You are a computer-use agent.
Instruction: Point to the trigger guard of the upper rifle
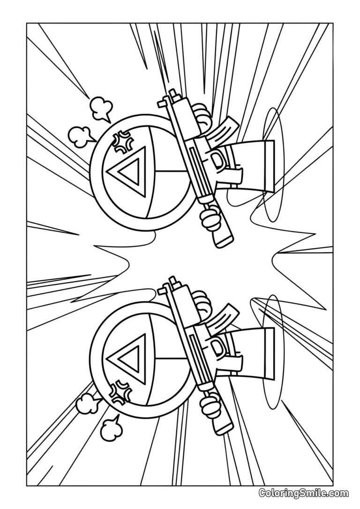pos(218,159)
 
